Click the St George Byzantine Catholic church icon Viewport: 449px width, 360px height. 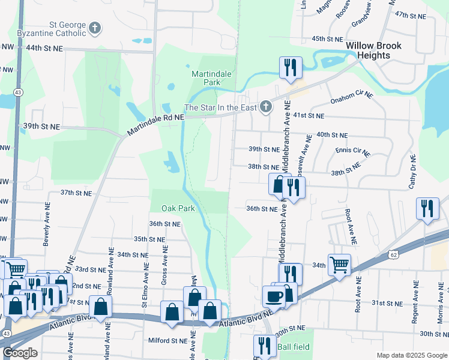tap(94, 28)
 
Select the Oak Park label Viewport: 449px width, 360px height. tap(178, 208)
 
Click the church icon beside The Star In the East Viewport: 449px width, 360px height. tap(266, 107)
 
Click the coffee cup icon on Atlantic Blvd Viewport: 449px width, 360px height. tap(274, 296)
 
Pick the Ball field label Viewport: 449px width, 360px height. tap(294, 347)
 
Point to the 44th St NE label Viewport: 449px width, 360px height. tap(44, 47)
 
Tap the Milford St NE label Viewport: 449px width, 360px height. tap(168, 340)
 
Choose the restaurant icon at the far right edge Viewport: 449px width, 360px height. tap(427, 209)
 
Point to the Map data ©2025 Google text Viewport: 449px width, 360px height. tap(411, 355)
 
